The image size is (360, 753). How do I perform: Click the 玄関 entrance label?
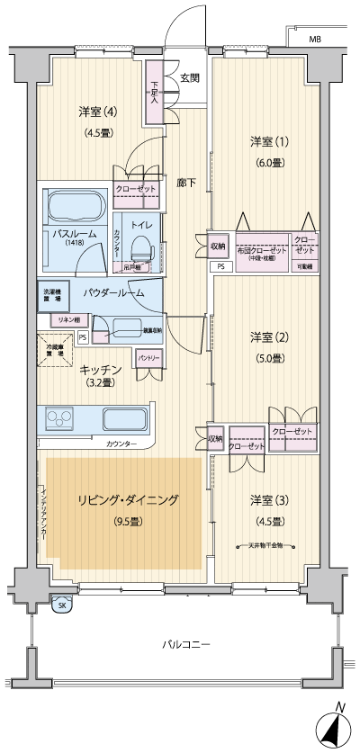[189, 77]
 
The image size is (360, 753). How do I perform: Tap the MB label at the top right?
[315, 40]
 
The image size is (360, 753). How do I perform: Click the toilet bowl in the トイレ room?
[141, 246]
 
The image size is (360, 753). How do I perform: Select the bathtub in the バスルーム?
[76, 211]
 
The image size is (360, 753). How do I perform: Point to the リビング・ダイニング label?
[128, 501]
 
